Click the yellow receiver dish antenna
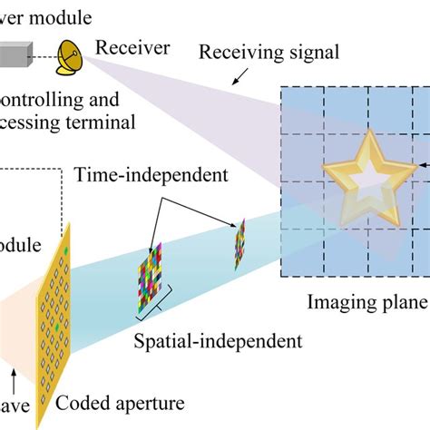(69, 56)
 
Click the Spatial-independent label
(218, 341)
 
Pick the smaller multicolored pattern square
(240, 243)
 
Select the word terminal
(107, 122)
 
